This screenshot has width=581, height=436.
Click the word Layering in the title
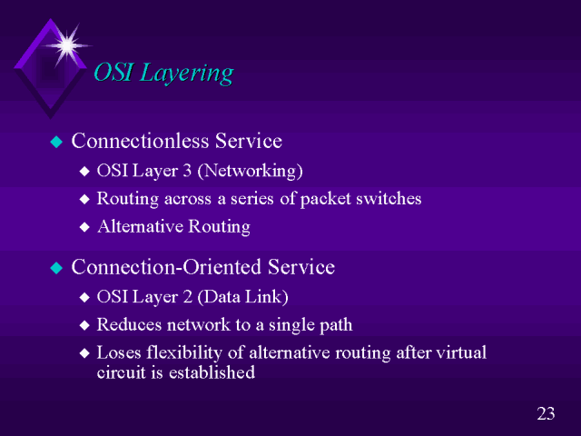click(x=187, y=74)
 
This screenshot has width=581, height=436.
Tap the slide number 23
click(x=546, y=413)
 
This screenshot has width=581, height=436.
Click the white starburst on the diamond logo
click(x=67, y=45)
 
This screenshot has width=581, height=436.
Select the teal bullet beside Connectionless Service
click(x=56, y=142)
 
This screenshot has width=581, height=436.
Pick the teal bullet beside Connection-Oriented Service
click(x=56, y=268)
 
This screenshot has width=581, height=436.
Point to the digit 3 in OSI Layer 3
click(x=187, y=171)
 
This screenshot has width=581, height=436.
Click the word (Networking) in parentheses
click(x=251, y=172)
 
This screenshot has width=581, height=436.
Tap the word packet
click(x=325, y=199)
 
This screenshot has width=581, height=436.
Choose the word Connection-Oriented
click(x=166, y=267)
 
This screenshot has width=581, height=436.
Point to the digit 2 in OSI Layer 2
click(x=187, y=297)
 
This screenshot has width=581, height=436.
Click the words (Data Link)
click(x=242, y=297)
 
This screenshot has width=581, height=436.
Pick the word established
click(x=212, y=372)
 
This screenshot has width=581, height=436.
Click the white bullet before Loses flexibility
click(x=84, y=353)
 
